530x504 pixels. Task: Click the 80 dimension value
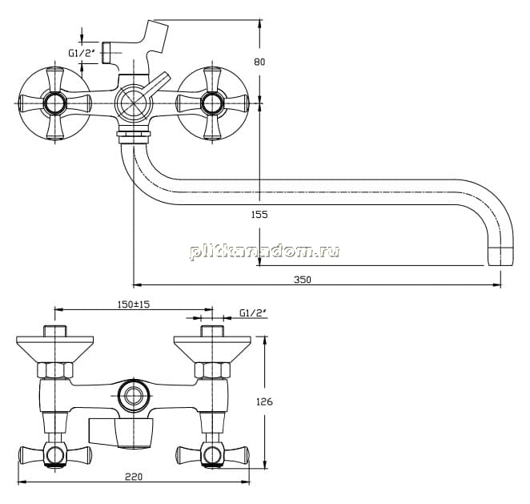tap(259, 62)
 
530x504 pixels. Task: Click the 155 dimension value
tap(259, 215)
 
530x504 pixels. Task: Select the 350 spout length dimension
tap(303, 280)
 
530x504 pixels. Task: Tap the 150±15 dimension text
tap(134, 304)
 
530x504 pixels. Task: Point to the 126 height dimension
tap(264, 402)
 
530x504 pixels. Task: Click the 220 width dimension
tap(134, 477)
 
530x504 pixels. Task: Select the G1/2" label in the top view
tap(80, 53)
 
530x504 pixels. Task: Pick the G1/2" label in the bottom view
tap(253, 313)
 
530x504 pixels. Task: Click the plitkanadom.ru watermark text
tap(265, 252)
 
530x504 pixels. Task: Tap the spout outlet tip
tap(500, 256)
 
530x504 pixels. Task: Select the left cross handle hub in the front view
tap(54, 103)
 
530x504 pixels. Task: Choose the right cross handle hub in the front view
tap(212, 103)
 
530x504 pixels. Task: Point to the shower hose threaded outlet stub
tap(106, 53)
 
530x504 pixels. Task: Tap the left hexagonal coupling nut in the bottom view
tap(54, 370)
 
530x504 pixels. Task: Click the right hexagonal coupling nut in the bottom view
tap(212, 370)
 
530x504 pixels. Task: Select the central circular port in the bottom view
tap(134, 396)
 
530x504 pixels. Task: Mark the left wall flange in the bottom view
tap(54, 349)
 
